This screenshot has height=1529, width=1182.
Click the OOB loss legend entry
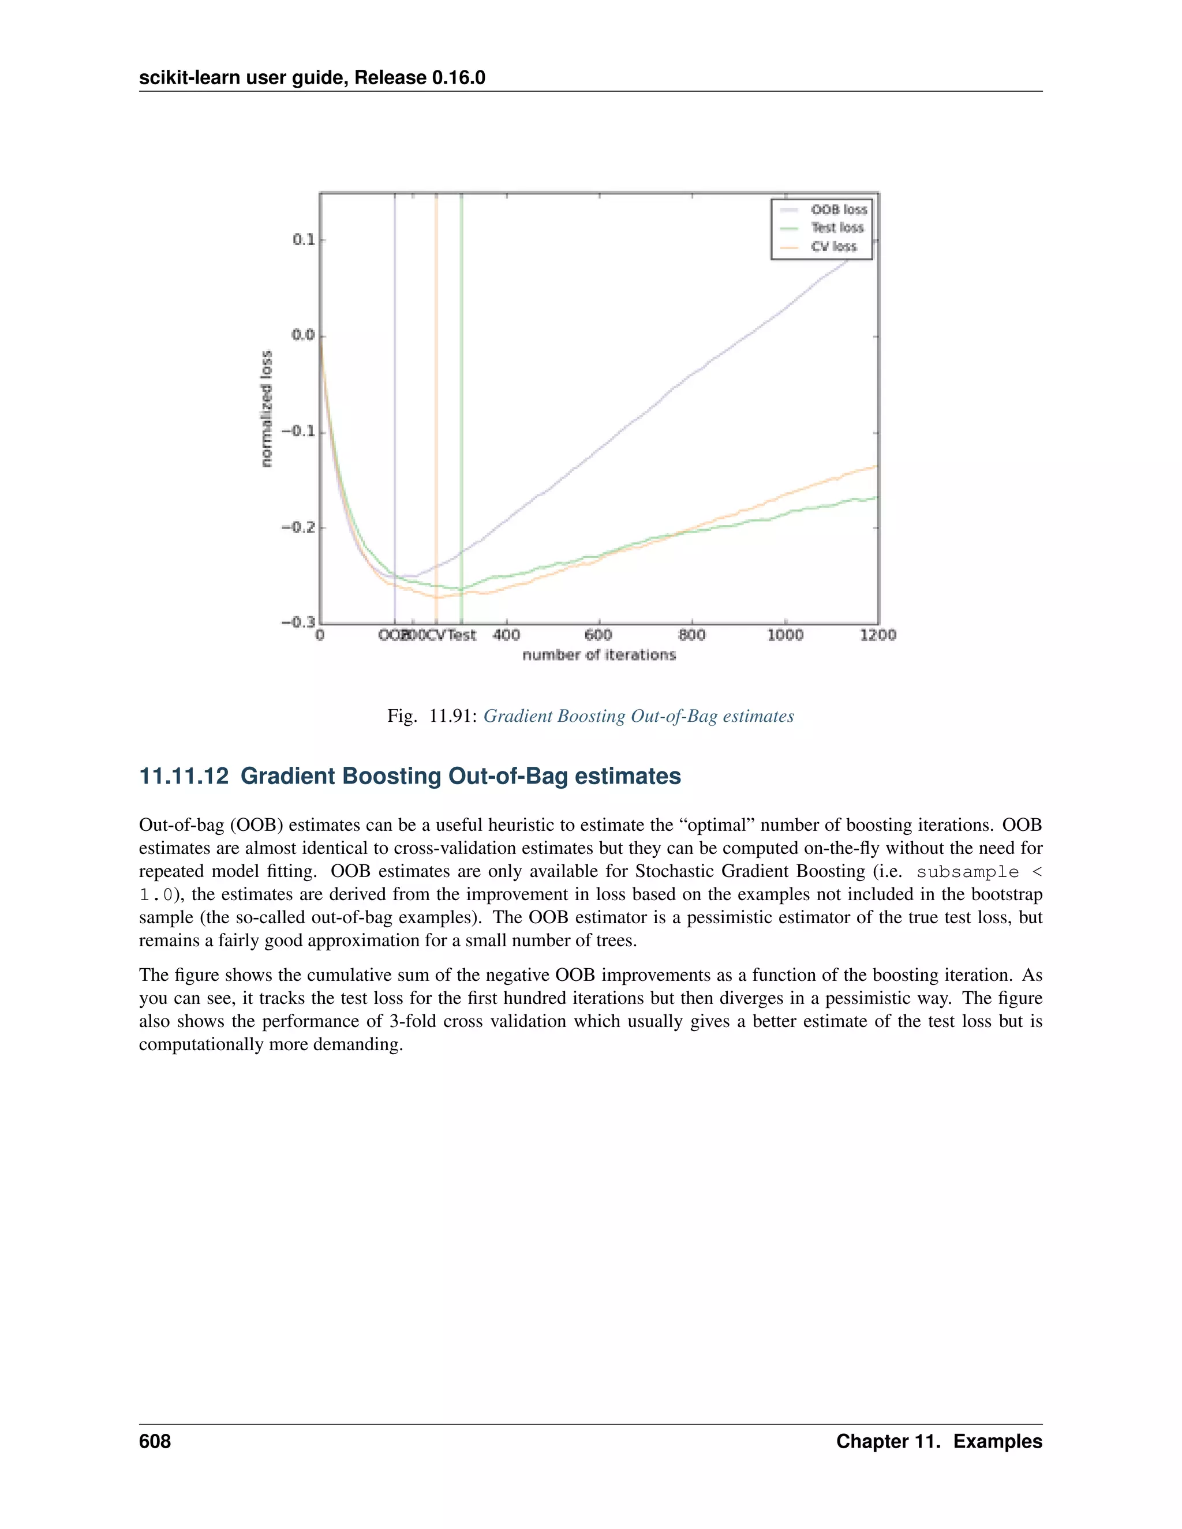pos(838,209)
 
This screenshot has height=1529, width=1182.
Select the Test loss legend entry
pos(837,227)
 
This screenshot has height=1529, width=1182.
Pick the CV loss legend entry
pos(833,246)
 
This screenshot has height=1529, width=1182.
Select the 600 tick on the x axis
pos(598,635)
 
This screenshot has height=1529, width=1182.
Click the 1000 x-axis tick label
pos(785,635)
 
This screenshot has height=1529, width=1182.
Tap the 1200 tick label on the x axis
pos(878,635)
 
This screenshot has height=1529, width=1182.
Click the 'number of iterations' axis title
pos(599,655)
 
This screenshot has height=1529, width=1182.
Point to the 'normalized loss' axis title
pos(266,409)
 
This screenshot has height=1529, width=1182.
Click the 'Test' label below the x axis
pos(462,635)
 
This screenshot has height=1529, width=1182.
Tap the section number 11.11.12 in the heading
pos(184,777)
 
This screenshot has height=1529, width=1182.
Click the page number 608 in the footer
pos(155,1441)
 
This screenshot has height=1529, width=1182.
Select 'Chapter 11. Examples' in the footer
pos(938,1441)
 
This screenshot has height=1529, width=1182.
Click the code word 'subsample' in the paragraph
pos(967,872)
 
